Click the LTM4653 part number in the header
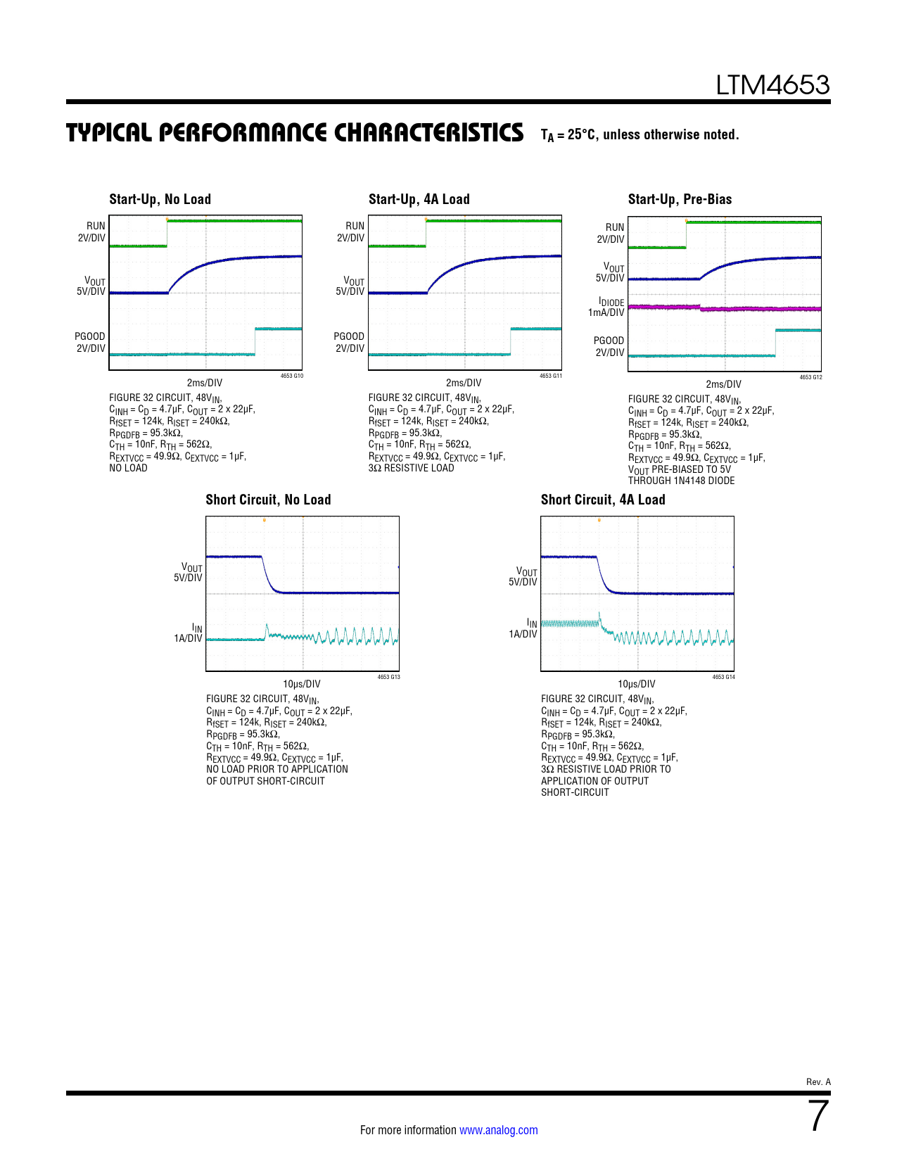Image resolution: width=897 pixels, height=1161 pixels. click(772, 85)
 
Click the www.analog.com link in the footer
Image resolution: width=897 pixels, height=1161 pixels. click(498, 1130)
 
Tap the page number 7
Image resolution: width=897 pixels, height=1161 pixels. click(818, 1116)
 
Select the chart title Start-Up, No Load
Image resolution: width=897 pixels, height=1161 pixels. click(160, 199)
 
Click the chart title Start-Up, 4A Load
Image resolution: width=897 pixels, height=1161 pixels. click(419, 199)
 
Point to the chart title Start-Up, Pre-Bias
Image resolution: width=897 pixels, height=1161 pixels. click(680, 199)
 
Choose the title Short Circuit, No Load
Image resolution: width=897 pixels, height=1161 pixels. click(268, 500)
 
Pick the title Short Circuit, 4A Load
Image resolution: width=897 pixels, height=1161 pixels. click(603, 500)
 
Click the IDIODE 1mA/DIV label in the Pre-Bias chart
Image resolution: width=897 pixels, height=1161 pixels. click(606, 307)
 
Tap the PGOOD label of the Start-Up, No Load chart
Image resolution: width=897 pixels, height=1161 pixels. click(91, 342)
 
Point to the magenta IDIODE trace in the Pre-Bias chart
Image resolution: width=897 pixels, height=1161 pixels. click(760, 308)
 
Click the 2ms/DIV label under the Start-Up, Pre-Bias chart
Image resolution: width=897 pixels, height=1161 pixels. click(723, 384)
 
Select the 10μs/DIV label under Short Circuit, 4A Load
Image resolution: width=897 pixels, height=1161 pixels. click(636, 684)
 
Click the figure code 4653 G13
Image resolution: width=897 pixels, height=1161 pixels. click(388, 677)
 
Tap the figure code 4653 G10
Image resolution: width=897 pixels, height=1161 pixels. click(292, 376)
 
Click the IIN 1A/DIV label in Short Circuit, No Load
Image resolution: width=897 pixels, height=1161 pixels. click(189, 633)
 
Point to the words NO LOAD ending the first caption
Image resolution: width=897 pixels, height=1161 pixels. click(128, 468)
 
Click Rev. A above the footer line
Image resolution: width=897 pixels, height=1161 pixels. click(818, 1081)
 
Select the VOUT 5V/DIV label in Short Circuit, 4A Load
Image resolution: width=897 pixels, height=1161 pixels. click(523, 577)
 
